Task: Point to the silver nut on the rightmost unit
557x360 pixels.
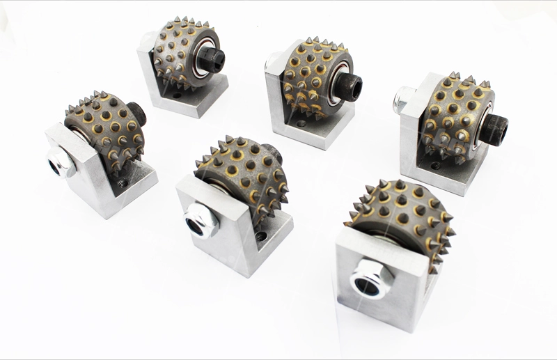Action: (x=404, y=102)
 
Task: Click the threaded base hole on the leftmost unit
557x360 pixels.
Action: (x=123, y=183)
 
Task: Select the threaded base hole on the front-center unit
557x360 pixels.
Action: (x=262, y=237)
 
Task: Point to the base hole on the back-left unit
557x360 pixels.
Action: (x=178, y=94)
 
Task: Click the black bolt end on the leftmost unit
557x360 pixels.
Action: (x=136, y=112)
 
